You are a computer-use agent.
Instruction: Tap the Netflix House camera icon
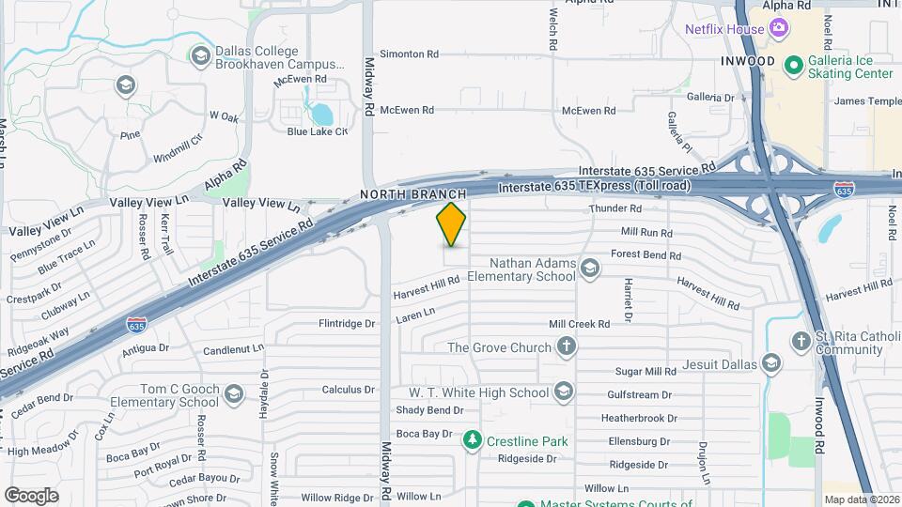click(x=778, y=29)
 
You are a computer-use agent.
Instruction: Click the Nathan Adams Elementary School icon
click(x=589, y=270)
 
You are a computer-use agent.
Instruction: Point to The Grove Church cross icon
click(x=566, y=347)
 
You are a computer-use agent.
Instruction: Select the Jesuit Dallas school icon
click(x=771, y=363)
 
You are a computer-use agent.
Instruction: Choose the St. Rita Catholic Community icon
click(x=801, y=341)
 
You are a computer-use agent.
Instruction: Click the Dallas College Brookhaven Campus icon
click(x=199, y=56)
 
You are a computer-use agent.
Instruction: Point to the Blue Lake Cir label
click(x=317, y=131)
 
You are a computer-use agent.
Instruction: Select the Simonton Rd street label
click(x=408, y=54)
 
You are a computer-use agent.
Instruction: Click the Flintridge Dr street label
click(x=347, y=324)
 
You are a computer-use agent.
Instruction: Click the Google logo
click(x=31, y=495)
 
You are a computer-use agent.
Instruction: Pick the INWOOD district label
click(x=748, y=61)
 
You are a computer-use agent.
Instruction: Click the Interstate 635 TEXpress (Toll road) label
click(x=594, y=186)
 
